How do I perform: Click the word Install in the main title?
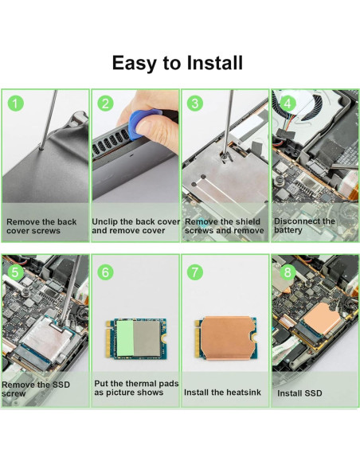coord(215,63)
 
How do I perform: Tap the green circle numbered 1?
coord(15,104)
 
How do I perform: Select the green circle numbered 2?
coord(106,104)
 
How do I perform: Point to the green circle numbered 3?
coord(195,104)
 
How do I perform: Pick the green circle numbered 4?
coord(288,104)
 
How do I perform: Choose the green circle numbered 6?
coord(106,272)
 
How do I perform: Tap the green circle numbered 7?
coord(195,272)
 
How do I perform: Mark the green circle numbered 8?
coord(288,272)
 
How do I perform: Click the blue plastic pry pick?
coord(143,123)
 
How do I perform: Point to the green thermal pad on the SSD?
coord(125,338)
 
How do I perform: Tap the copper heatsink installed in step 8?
coord(322,321)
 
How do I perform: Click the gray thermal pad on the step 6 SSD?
coord(147,338)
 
